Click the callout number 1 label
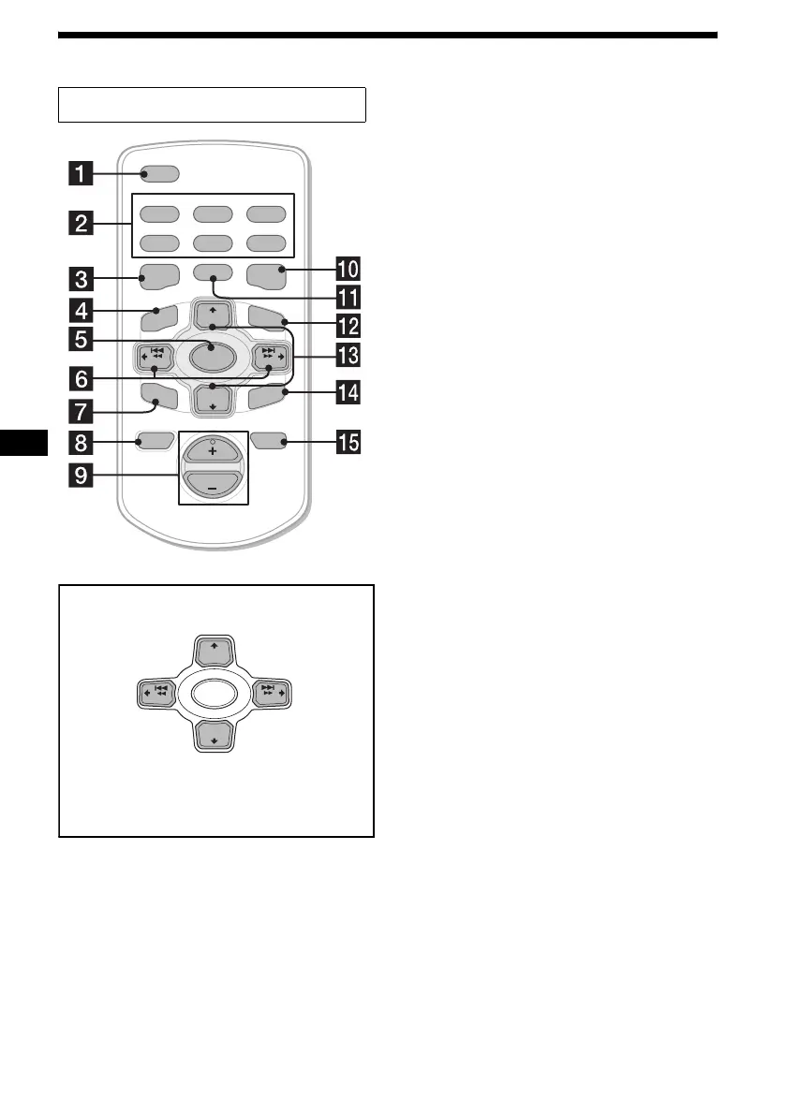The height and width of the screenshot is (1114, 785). point(85,173)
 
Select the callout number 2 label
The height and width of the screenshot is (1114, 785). point(85,224)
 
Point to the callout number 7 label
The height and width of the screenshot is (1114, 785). point(85,411)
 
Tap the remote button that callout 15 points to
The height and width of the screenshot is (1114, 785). point(268,439)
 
